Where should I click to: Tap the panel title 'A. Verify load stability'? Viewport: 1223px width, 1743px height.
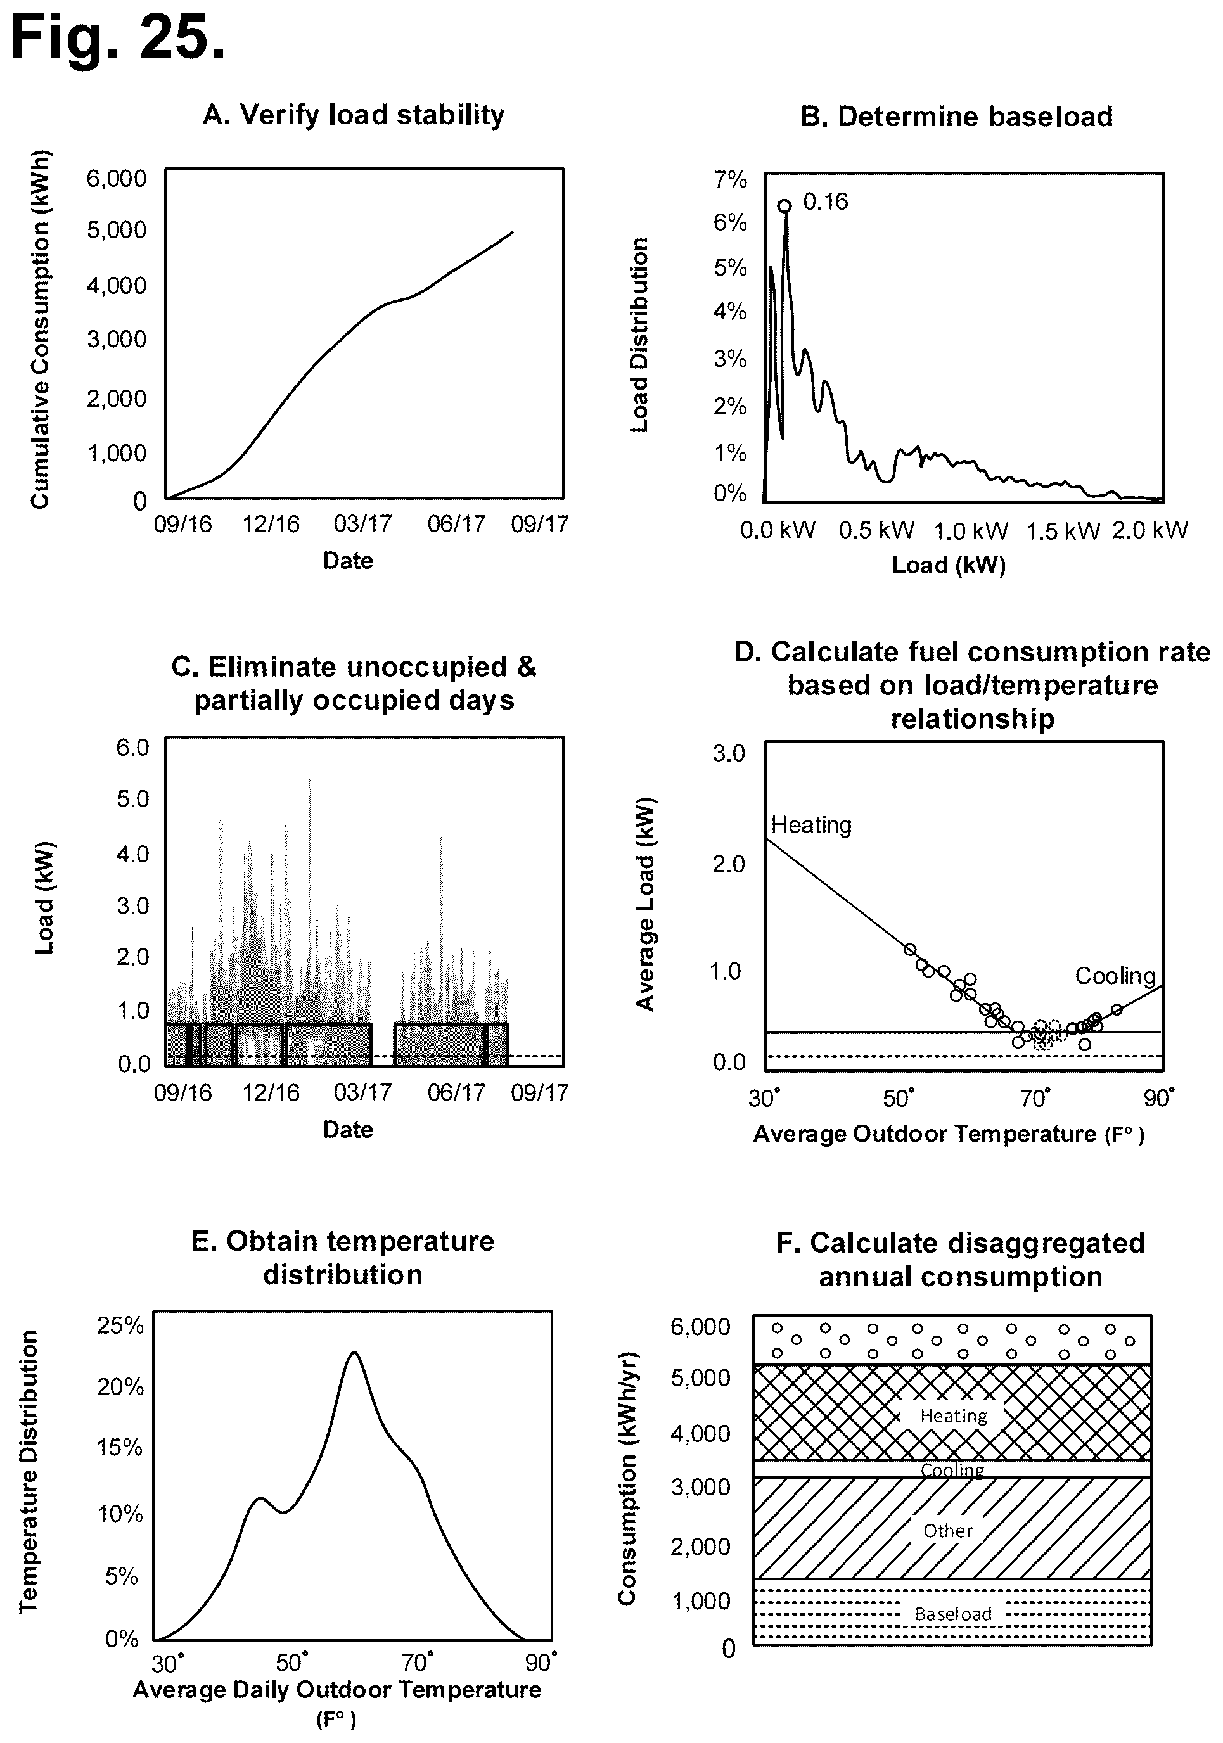click(x=353, y=115)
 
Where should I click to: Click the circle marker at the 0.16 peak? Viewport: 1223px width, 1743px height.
click(x=785, y=205)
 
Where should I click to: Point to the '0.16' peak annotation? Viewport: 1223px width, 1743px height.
click(x=825, y=202)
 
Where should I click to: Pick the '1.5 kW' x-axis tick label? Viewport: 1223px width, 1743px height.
click(x=1063, y=531)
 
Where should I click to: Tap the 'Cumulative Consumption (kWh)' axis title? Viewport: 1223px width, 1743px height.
click(x=39, y=329)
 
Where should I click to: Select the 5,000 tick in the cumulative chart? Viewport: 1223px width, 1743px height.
click(x=116, y=230)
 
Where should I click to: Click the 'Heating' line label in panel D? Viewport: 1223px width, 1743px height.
click(x=812, y=824)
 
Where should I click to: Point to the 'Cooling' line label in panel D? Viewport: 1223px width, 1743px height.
click(x=1115, y=976)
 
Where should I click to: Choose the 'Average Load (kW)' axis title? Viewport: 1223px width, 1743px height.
click(x=645, y=904)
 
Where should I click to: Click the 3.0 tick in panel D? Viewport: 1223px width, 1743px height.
click(x=729, y=753)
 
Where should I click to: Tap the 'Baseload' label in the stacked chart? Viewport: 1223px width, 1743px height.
click(x=954, y=1614)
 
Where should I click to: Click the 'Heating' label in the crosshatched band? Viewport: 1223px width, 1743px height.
click(x=954, y=1416)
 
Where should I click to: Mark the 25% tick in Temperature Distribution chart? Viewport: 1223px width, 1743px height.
click(x=120, y=1325)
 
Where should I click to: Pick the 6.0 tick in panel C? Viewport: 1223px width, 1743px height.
click(x=133, y=748)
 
